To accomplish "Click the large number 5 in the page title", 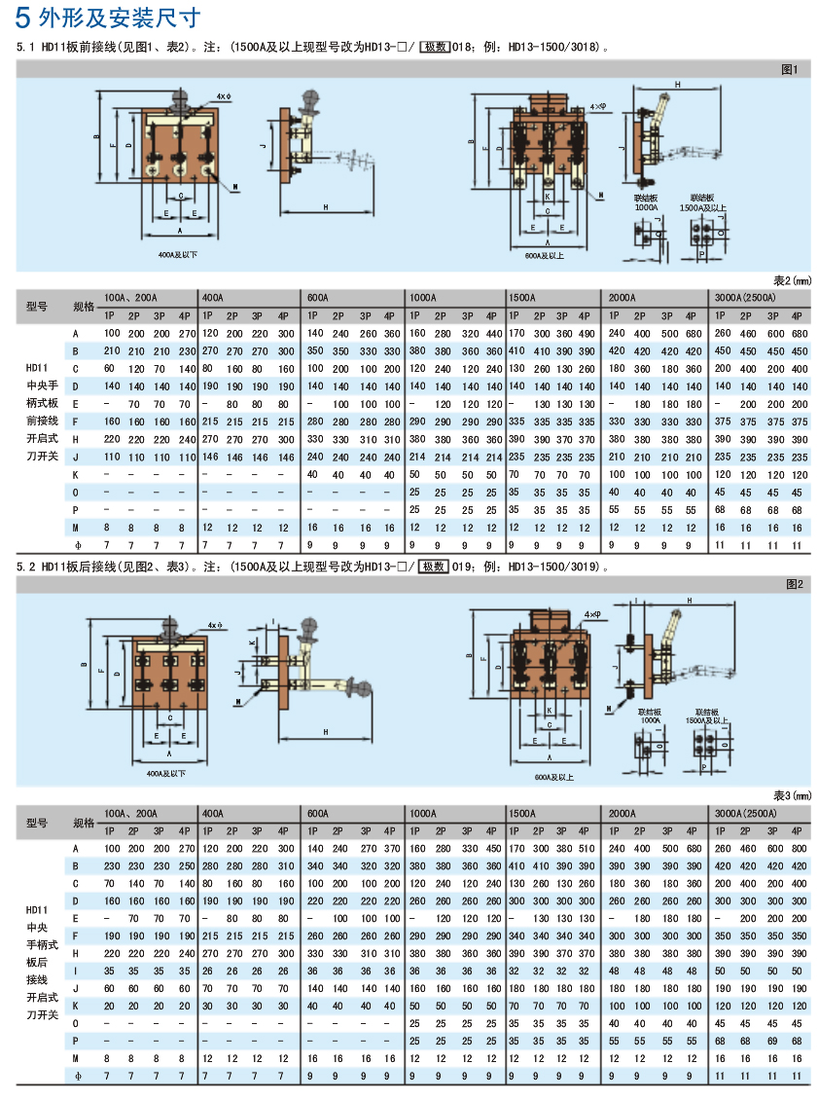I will click(22, 17).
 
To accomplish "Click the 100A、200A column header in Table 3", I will click(130, 813).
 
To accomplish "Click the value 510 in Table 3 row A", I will click(585, 849).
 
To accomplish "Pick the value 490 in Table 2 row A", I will click(585, 334).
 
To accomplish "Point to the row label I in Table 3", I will click(75, 971).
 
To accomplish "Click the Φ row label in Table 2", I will click(75, 543).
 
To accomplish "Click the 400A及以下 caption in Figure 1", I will click(178, 256).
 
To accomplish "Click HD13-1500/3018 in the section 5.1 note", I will click(555, 46).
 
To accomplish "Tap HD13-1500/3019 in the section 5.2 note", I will click(555, 566).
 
